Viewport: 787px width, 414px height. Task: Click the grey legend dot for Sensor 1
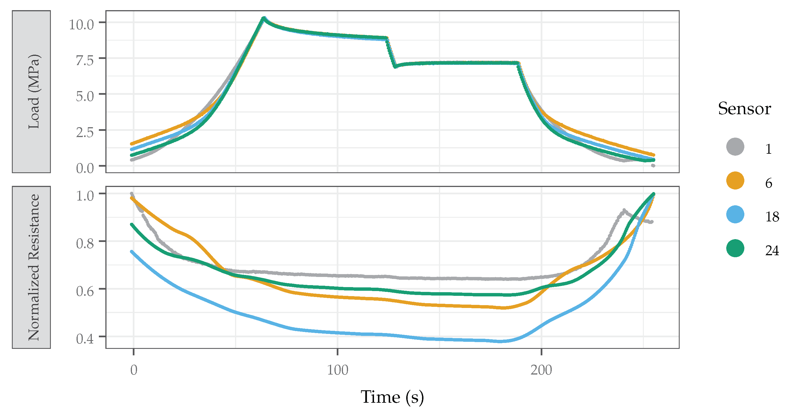[735, 147]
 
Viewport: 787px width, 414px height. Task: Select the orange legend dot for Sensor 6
[735, 180]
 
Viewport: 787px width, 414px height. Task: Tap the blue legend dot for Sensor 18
[735, 215]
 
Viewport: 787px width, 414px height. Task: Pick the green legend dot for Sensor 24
[735, 248]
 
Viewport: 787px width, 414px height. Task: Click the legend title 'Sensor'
[744, 109]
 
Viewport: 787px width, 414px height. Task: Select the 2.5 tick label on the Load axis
[85, 132]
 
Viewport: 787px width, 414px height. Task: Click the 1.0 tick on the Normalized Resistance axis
[85, 195]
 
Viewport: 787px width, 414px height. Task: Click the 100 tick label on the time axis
[337, 370]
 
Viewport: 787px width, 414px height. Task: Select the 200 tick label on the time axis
[541, 370]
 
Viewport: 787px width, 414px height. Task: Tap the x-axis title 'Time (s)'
[392, 397]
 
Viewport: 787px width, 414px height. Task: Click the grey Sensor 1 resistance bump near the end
[623, 210]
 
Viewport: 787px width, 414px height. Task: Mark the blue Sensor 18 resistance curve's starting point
[132, 252]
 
